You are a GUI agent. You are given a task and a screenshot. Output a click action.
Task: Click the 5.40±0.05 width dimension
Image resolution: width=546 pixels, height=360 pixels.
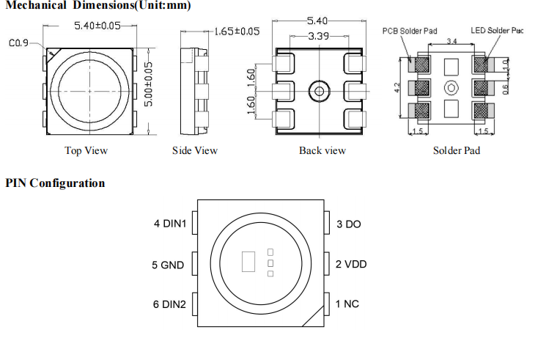pyautogui.click(x=97, y=26)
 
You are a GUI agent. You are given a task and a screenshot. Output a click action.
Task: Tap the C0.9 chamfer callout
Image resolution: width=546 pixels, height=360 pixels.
pyautogui.click(x=18, y=43)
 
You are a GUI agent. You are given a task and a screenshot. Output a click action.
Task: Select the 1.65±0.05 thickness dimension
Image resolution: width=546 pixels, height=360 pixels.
pyautogui.click(x=237, y=32)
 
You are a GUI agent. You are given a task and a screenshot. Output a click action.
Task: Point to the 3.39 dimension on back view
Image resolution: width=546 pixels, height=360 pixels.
pyautogui.click(x=318, y=36)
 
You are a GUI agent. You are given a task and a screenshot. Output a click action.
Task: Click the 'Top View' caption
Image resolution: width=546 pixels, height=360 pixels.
pyautogui.click(x=86, y=150)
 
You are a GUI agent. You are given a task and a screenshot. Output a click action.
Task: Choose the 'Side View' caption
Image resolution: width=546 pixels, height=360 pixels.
pyautogui.click(x=195, y=150)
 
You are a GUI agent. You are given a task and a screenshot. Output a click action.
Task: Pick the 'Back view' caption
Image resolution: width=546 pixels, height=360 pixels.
pyautogui.click(x=322, y=150)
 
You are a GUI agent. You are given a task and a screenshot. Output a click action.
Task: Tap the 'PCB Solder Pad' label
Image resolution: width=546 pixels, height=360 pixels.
pyautogui.click(x=410, y=31)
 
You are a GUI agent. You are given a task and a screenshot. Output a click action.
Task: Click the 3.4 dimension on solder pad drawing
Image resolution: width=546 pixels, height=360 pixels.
pyautogui.click(x=451, y=41)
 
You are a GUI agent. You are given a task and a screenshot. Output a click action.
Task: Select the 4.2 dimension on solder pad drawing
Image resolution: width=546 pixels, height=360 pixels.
pyautogui.click(x=397, y=87)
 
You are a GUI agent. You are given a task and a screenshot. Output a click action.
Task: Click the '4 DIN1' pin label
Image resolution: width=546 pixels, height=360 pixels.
pyautogui.click(x=170, y=224)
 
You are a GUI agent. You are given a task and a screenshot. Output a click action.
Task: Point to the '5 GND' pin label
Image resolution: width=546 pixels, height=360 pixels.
pyautogui.click(x=168, y=265)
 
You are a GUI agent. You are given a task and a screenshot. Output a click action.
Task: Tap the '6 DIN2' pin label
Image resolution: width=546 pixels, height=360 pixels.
pyautogui.click(x=169, y=304)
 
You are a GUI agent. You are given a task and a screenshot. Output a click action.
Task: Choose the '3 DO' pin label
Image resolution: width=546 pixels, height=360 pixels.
pyautogui.click(x=349, y=224)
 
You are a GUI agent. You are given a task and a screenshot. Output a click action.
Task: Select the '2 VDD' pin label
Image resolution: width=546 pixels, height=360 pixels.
pyautogui.click(x=351, y=264)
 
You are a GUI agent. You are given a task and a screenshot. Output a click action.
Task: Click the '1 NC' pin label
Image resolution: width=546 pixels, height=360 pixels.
pyautogui.click(x=347, y=304)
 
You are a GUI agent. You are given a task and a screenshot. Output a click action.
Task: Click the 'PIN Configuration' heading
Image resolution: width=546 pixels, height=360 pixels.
pyautogui.click(x=55, y=183)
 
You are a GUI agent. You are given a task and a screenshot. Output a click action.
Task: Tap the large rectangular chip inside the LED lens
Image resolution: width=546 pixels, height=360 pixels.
pyautogui.click(x=248, y=262)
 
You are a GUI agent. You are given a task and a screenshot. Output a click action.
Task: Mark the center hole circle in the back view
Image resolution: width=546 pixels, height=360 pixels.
pyautogui.click(x=319, y=92)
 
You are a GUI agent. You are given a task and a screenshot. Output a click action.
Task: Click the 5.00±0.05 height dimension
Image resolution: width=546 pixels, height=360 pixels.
pyautogui.click(x=148, y=84)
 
